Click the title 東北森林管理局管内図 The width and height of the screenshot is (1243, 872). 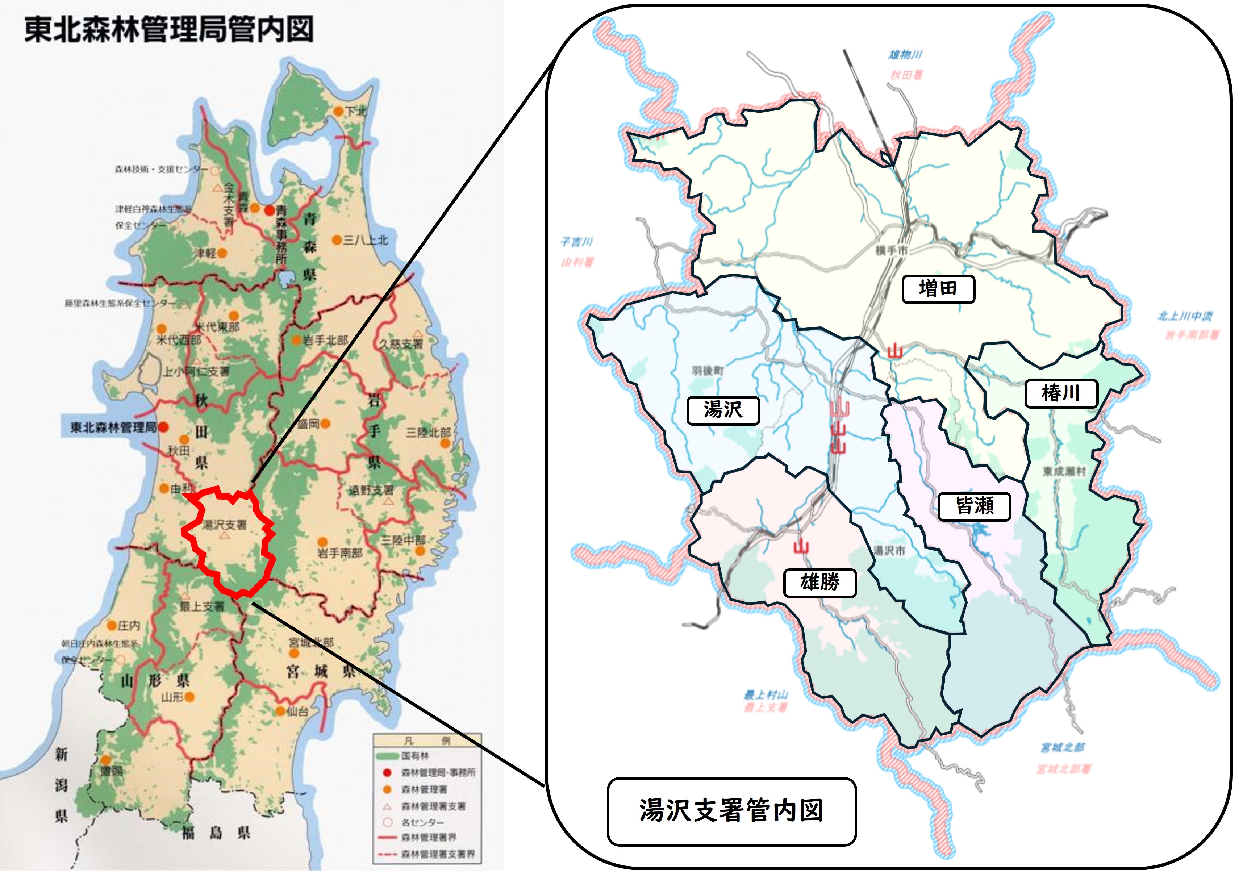point(169,29)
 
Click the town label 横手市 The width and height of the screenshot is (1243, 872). point(891,250)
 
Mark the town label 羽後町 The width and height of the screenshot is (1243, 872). point(707,371)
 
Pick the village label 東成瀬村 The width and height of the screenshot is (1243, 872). point(1064,471)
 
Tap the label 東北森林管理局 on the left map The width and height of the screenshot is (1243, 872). point(113,427)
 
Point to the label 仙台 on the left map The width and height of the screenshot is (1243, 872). point(297,711)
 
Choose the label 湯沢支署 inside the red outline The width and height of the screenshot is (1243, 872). point(224,525)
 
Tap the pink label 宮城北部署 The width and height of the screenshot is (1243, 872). point(1064,769)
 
